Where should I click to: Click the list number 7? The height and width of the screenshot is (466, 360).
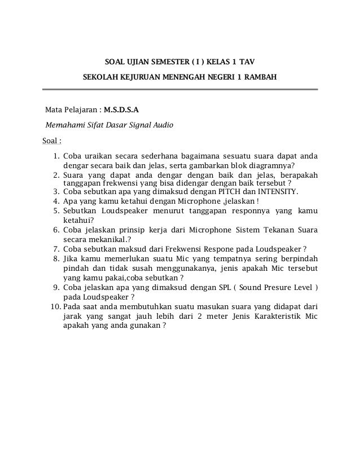[x=56, y=249]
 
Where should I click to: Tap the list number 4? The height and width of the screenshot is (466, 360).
[x=56, y=200]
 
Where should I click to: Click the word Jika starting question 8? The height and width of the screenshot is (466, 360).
[x=71, y=258]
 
